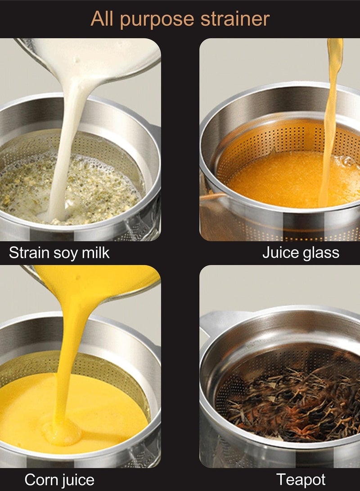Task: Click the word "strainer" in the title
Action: (235, 19)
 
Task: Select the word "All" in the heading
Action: (102, 18)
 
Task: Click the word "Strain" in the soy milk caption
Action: (28, 252)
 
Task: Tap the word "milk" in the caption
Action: (95, 252)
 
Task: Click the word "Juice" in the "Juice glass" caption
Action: (279, 252)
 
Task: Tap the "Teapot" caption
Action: (301, 480)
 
